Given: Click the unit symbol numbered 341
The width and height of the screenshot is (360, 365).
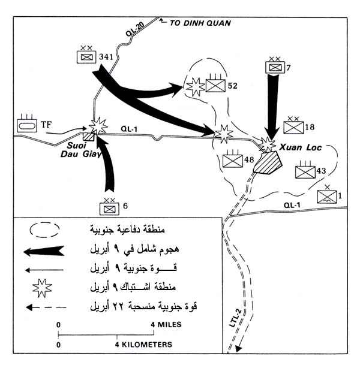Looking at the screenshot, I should (88, 56).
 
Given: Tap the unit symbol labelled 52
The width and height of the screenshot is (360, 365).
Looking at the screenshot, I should (215, 85).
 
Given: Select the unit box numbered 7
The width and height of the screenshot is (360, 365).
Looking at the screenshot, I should (274, 68).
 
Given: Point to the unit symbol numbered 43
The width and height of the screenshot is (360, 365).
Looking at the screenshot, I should (305, 171).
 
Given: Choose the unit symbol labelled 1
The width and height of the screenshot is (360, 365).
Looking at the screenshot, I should (326, 196).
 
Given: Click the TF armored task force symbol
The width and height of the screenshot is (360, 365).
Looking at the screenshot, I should (28, 125).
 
